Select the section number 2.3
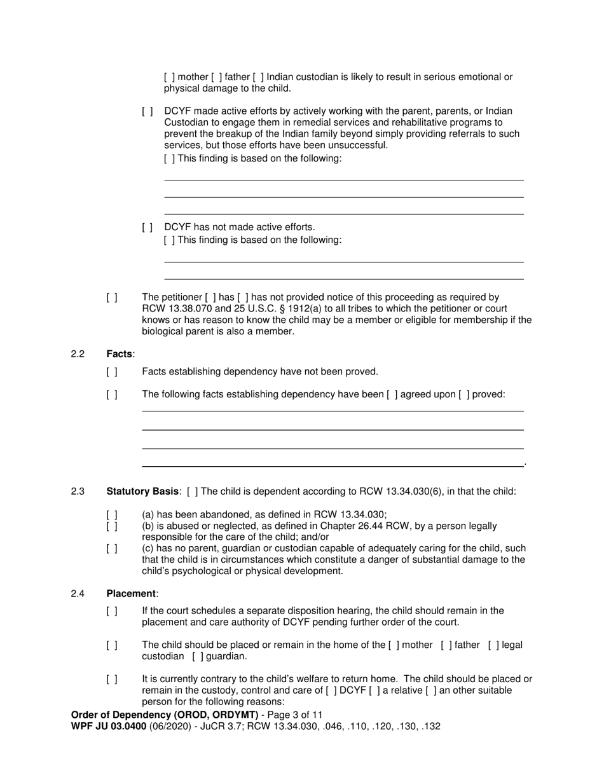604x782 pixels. [x=78, y=491]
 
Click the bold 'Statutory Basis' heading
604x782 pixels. [x=142, y=491]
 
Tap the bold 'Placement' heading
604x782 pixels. [x=131, y=594]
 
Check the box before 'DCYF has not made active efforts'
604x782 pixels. [x=148, y=228]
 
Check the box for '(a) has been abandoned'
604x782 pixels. [x=112, y=515]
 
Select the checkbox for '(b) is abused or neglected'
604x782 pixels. [x=112, y=526]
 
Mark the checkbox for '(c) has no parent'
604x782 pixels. [x=112, y=549]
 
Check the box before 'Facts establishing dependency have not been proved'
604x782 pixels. [x=112, y=372]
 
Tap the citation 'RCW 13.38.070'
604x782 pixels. [x=174, y=309]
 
